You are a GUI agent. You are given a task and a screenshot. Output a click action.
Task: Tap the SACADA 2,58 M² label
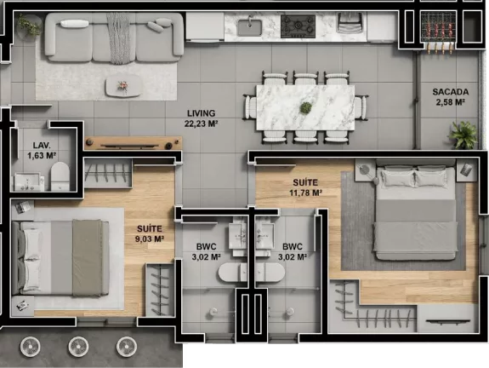tap(451, 97)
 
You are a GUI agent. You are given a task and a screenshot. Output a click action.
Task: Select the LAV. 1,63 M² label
tap(42, 150)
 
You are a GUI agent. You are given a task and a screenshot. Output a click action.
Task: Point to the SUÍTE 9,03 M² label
tap(150, 233)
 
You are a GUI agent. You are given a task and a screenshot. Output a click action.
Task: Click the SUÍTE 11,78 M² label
tap(305, 187)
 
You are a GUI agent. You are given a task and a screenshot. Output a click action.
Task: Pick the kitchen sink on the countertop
tap(249, 27)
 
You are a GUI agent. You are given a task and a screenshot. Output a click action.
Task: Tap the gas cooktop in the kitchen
tap(298, 26)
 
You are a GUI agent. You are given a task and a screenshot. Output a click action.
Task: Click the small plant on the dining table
tap(305, 108)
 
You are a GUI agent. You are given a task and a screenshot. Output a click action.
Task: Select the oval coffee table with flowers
tap(122, 86)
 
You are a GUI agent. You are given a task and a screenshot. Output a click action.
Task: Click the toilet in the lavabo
tap(60, 175)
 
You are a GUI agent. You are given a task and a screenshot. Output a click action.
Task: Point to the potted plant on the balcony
tap(463, 135)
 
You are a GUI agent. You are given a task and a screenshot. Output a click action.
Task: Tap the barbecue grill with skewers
tap(438, 31)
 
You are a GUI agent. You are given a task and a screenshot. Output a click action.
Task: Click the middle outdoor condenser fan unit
tap(78, 347)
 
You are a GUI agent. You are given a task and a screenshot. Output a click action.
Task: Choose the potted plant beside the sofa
tap(29, 26)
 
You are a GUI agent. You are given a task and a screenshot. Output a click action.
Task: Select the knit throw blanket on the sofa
tap(119, 38)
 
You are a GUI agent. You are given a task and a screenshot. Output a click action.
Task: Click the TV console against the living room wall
tap(134, 143)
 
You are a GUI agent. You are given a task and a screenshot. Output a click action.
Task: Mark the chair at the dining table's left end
tap(250, 107)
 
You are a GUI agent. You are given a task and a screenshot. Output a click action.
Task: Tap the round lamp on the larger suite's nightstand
tap(364, 170)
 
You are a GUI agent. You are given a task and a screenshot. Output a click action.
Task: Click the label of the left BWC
tap(206, 251)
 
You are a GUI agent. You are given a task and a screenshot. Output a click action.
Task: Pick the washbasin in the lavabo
tap(27, 181)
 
